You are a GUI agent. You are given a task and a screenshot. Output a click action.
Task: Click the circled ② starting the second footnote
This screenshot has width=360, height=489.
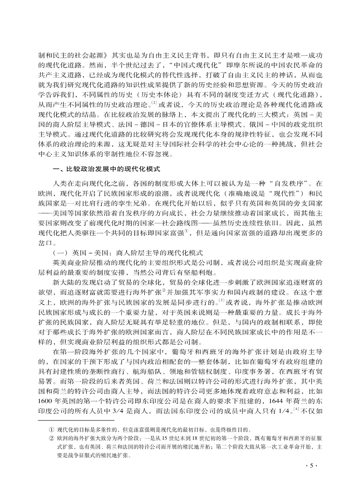tap(51, 439)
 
